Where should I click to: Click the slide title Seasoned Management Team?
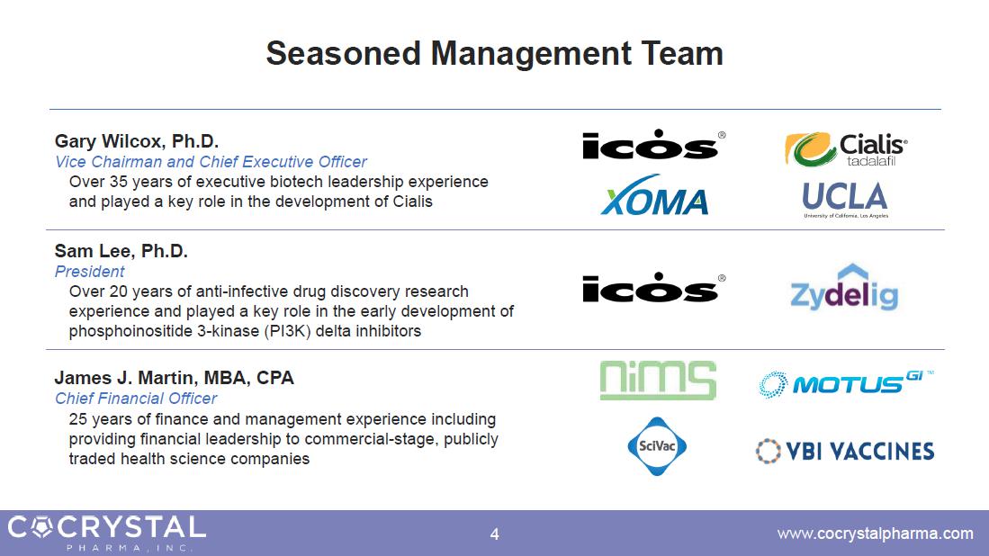coord(495,54)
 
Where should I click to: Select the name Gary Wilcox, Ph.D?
coord(136,140)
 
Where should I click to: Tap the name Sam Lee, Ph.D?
coord(121,251)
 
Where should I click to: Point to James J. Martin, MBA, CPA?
coord(174,378)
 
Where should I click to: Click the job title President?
coord(90,272)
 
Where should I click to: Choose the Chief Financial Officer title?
coord(136,399)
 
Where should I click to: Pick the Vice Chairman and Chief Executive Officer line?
coord(211,162)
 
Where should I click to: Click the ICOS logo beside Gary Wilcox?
coord(653,144)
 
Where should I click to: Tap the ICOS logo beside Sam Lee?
coord(653,288)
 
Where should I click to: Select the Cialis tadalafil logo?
coord(846,149)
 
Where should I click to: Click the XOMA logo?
coord(654,195)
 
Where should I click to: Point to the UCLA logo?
coord(845,200)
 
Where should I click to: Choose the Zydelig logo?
coord(844,288)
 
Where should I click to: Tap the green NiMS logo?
coord(658,381)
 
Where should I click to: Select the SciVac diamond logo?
coord(657,446)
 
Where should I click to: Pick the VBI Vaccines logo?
coord(845,452)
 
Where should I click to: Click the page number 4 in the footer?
coord(495,534)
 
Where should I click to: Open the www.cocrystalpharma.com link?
coord(876,534)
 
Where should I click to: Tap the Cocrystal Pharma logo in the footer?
coord(106,533)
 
